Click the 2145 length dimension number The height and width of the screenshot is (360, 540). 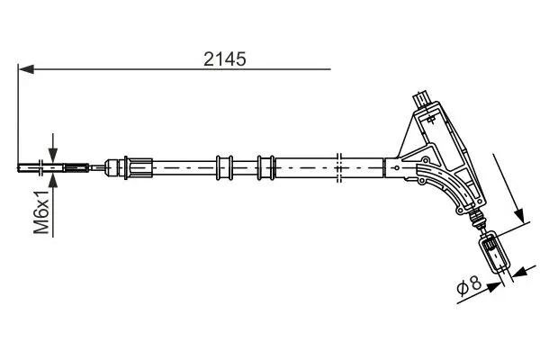224,58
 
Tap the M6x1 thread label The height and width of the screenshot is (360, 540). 41,211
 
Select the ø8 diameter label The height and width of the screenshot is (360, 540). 468,285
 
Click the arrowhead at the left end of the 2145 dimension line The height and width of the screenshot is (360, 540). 26,69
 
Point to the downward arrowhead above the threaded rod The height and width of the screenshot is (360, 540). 53,155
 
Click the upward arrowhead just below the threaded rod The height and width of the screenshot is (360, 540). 53,181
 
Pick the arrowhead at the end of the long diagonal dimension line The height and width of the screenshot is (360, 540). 519,216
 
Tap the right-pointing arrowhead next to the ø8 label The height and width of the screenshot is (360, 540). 494,287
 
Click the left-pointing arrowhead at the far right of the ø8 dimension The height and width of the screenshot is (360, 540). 519,272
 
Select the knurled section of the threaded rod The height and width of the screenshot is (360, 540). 76,168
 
